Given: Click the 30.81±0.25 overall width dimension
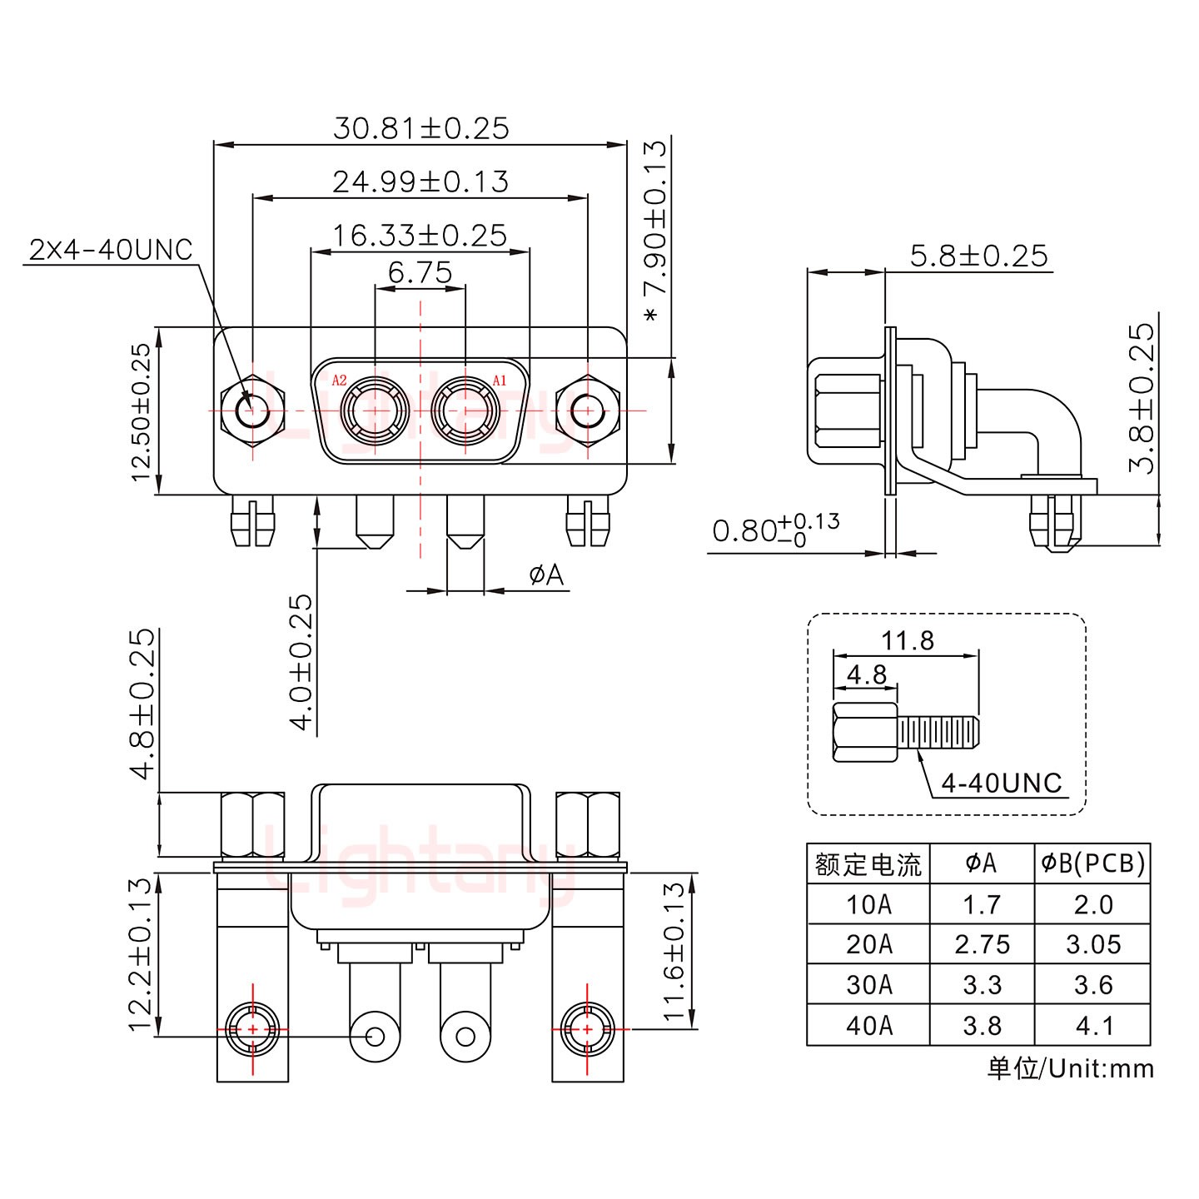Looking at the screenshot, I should click(x=420, y=128).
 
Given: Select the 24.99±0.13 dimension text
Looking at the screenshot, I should click(x=420, y=182).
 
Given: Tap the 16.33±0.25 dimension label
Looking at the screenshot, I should click(x=420, y=236).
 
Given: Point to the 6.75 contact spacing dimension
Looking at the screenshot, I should click(x=420, y=272).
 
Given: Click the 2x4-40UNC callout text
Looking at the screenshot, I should click(x=111, y=250).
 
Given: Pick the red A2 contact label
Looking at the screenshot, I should click(x=339, y=381).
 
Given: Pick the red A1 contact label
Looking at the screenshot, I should click(x=500, y=381).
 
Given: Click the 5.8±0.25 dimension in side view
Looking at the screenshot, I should click(x=978, y=256).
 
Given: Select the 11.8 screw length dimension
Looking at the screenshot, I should click(x=908, y=640).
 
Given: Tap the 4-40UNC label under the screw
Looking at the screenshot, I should click(x=1002, y=783).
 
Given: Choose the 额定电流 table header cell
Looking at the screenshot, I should click(x=868, y=864).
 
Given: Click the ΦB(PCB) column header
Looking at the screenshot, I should click(x=1092, y=863).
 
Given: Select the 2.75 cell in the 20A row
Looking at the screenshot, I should click(x=982, y=944).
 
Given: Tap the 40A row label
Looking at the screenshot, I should click(x=868, y=1025).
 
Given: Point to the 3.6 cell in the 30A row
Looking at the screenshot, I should click(x=1092, y=985).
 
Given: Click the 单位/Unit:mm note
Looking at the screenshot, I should click(x=1071, y=1068).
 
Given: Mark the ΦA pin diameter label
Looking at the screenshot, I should click(x=546, y=575).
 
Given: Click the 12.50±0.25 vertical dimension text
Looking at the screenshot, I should click(x=142, y=411).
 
